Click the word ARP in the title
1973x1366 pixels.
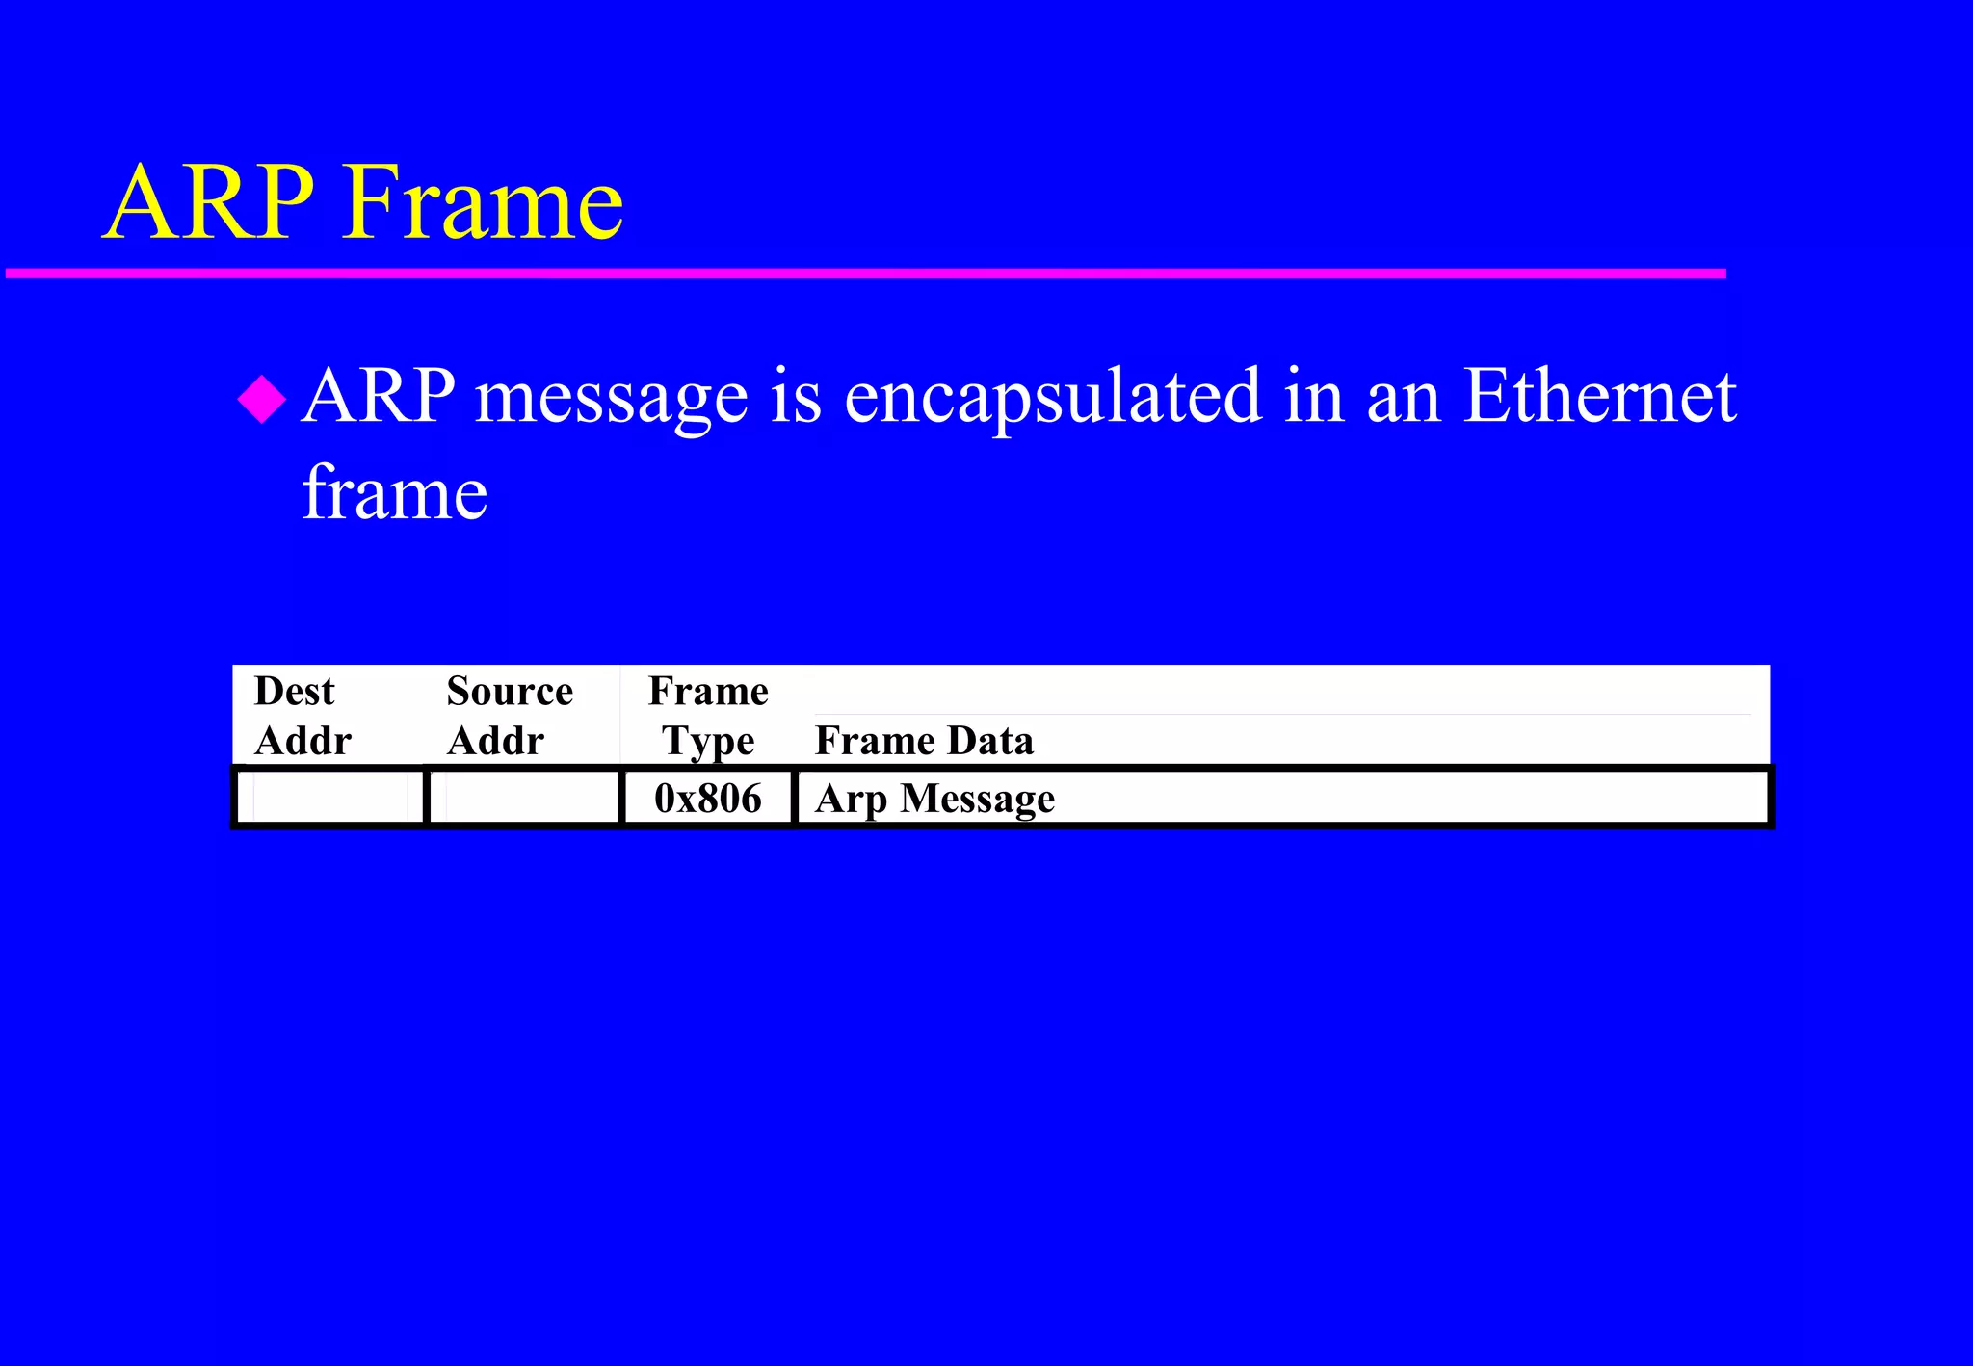pos(208,203)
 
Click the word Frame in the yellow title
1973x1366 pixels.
pos(483,203)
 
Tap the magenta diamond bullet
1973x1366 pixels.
pos(262,399)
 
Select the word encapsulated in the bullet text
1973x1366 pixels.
pos(1052,397)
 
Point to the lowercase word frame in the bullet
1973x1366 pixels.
pos(395,493)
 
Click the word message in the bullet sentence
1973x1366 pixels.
pos(612,397)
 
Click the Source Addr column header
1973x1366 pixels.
pos(509,716)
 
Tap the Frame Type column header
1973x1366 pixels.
pos(708,716)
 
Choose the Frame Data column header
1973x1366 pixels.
pos(923,741)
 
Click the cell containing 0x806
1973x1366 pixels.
pos(708,799)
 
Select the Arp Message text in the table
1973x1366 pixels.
pos(934,800)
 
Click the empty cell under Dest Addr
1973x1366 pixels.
pos(329,798)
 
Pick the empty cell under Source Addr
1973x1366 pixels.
pos(523,798)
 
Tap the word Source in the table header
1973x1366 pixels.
pos(510,692)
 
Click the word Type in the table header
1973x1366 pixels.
pos(708,742)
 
